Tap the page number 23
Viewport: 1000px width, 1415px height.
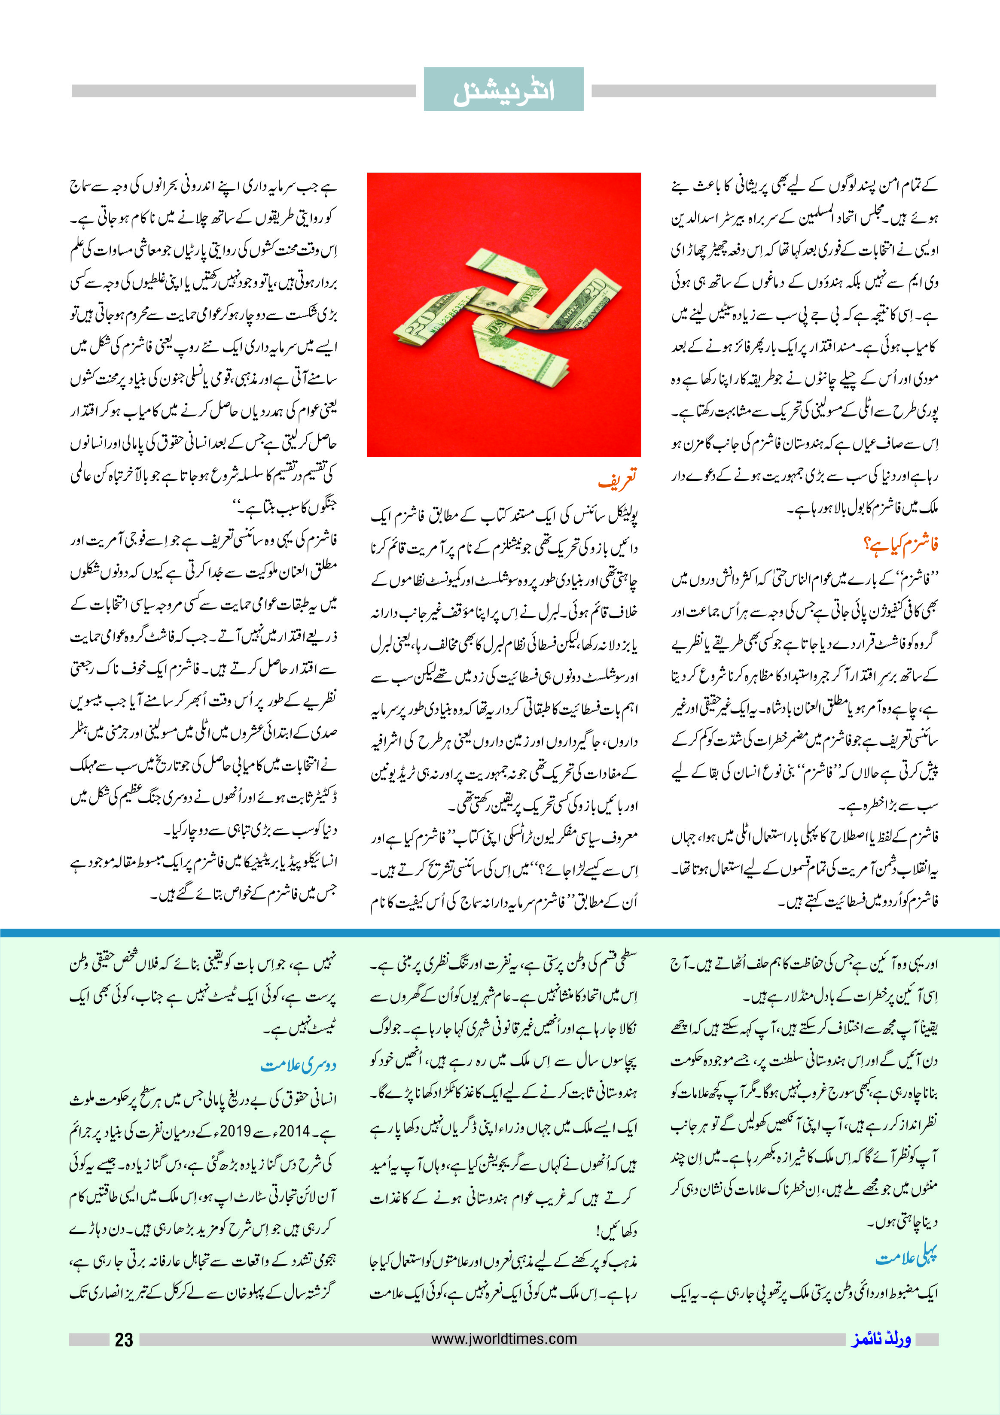[x=124, y=1340]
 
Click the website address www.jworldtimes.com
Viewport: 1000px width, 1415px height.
[x=504, y=1339]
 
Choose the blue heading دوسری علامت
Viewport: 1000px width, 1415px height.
[x=299, y=1065]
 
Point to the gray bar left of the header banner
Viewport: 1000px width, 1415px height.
[x=244, y=91]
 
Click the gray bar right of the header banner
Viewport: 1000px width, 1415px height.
[x=763, y=91]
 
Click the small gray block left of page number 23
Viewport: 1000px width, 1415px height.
[x=89, y=1340]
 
